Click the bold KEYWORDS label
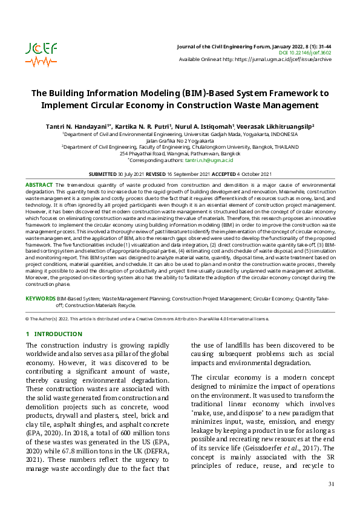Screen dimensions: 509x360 pyautogui.click(x=40, y=299)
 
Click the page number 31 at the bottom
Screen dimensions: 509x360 pyautogui.click(x=330, y=484)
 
